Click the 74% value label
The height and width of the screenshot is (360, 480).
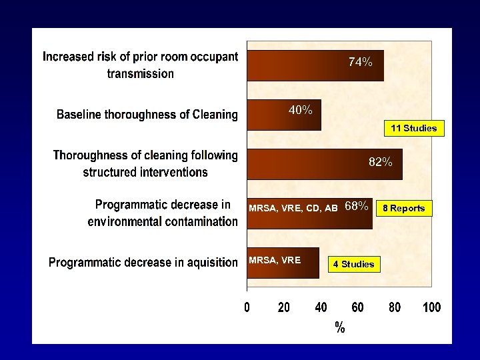click(x=361, y=62)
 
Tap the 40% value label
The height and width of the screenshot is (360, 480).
click(x=301, y=110)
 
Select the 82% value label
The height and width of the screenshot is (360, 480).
click(x=381, y=162)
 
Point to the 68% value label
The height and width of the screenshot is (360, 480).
click(x=357, y=207)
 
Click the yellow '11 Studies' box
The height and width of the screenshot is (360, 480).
click(x=414, y=128)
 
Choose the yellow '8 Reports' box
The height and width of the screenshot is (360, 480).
click(x=403, y=208)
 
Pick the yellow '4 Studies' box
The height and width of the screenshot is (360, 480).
click(x=353, y=264)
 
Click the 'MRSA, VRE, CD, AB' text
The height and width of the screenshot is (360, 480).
click(x=293, y=208)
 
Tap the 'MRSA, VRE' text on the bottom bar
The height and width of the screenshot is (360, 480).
click(x=275, y=260)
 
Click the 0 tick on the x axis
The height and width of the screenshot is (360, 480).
click(x=247, y=307)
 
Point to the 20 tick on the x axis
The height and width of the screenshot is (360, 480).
click(x=284, y=307)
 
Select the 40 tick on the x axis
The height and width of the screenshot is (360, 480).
click(x=321, y=307)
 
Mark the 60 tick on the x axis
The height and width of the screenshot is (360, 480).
click(x=358, y=307)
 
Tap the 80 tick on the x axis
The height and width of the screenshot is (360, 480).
click(x=395, y=307)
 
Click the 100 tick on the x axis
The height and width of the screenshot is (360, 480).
click(x=431, y=307)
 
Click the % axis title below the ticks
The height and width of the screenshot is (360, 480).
click(x=339, y=327)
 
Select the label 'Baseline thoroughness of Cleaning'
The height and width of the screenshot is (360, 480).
click(x=147, y=115)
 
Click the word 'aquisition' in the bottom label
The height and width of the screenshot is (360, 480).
click(x=206, y=263)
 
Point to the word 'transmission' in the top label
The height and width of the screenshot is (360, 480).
click(x=141, y=73)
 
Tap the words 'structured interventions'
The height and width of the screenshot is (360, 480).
click(x=145, y=172)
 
